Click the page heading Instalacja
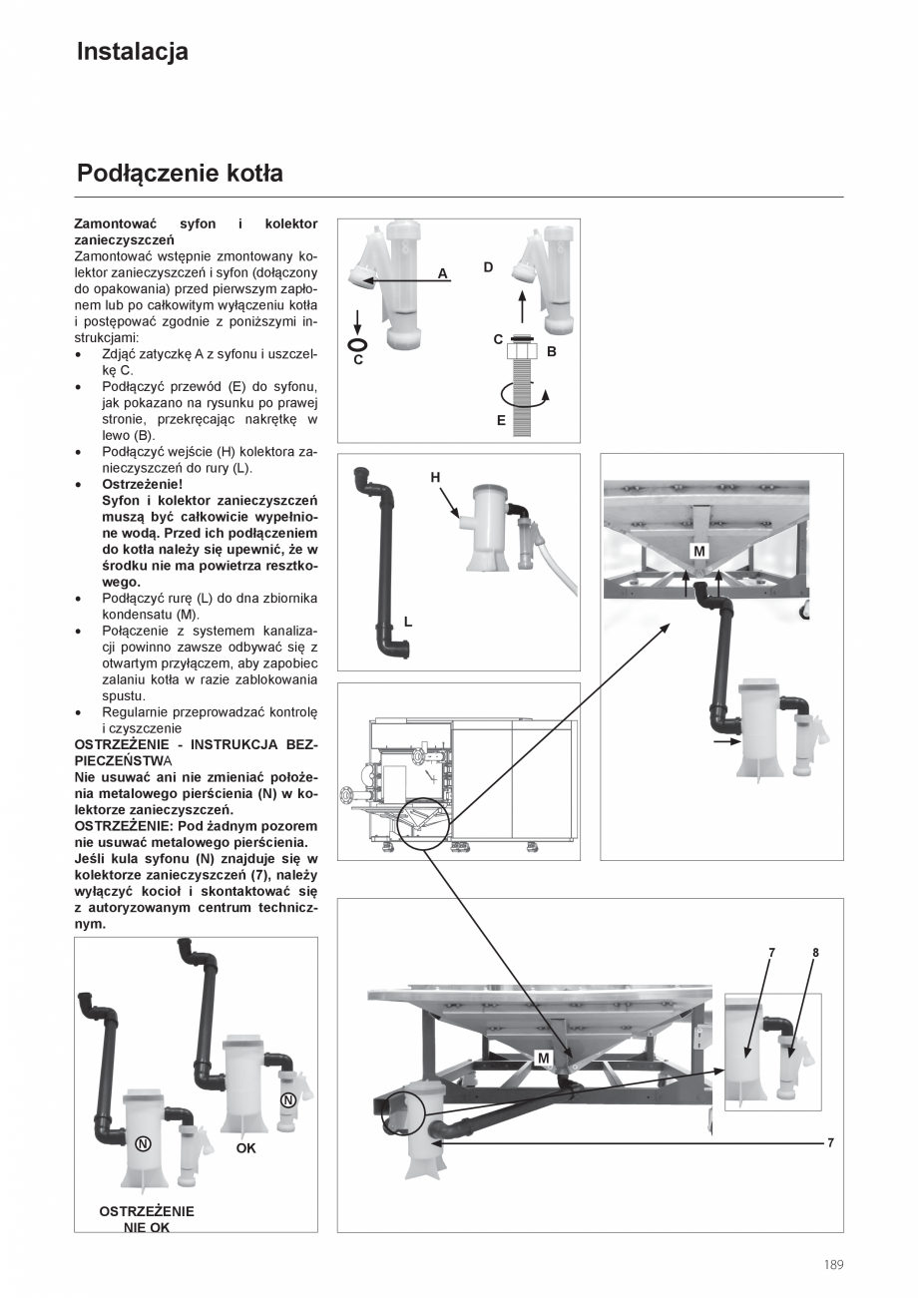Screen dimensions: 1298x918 pyautogui.click(x=132, y=52)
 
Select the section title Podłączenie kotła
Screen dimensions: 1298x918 pyautogui.click(x=180, y=174)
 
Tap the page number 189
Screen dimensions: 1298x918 pyautogui.click(x=833, y=1265)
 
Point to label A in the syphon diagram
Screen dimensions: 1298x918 pyautogui.click(x=442, y=273)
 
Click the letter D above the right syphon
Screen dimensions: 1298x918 pyautogui.click(x=488, y=267)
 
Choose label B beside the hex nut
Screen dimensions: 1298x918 pyautogui.click(x=551, y=352)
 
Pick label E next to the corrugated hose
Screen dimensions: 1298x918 pyautogui.click(x=501, y=420)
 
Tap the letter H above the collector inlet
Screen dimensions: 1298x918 pyautogui.click(x=435, y=478)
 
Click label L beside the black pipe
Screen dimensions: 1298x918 pyautogui.click(x=407, y=622)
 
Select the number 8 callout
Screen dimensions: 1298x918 pyautogui.click(x=815, y=953)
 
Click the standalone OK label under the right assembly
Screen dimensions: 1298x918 pyautogui.click(x=245, y=1148)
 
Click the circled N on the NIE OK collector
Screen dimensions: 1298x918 pyautogui.click(x=143, y=1143)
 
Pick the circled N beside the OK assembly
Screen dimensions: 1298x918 pyautogui.click(x=287, y=1099)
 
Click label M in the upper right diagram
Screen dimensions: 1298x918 pyautogui.click(x=698, y=552)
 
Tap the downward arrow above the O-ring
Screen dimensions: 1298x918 pyautogui.click(x=357, y=321)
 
